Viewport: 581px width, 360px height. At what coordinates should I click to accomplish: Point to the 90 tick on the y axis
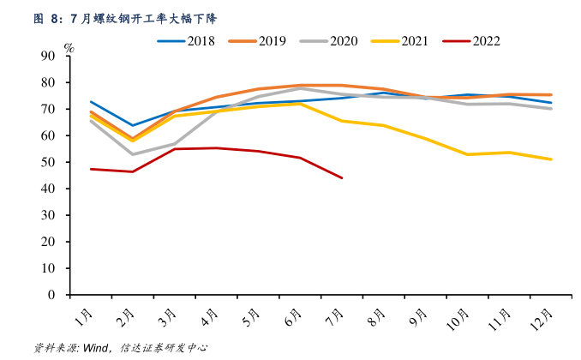tap(47, 56)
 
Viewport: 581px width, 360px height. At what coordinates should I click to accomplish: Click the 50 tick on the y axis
tap(47, 162)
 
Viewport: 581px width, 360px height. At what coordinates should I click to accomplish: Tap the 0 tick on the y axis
tap(51, 295)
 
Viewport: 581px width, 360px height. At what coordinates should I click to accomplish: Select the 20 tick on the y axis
tap(47, 242)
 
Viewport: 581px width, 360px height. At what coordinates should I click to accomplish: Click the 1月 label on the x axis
tap(84, 318)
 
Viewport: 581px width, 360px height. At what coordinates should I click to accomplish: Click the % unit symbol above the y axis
tap(69, 48)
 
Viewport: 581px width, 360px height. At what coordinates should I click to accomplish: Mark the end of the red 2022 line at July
tap(342, 178)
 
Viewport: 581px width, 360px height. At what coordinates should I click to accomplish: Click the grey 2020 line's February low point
tap(132, 154)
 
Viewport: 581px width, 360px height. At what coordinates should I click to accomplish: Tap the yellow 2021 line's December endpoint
tap(552, 159)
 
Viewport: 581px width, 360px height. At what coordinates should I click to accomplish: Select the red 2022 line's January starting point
tap(91, 169)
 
